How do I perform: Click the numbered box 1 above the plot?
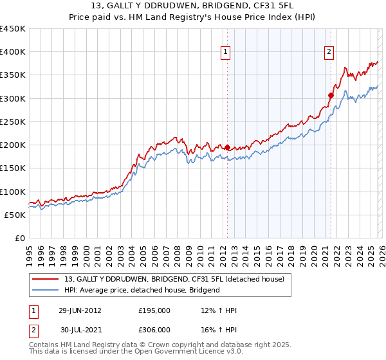[226, 53]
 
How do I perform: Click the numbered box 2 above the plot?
[329, 53]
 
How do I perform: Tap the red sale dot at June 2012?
[227, 147]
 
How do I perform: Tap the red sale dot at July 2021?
[331, 95]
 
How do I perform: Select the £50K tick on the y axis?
[15, 215]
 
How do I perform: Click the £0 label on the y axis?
[19, 238]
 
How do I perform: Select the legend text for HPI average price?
[142, 290]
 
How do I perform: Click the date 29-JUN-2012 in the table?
[79, 310]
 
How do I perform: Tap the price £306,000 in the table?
[154, 329]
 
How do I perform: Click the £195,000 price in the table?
[154, 310]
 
